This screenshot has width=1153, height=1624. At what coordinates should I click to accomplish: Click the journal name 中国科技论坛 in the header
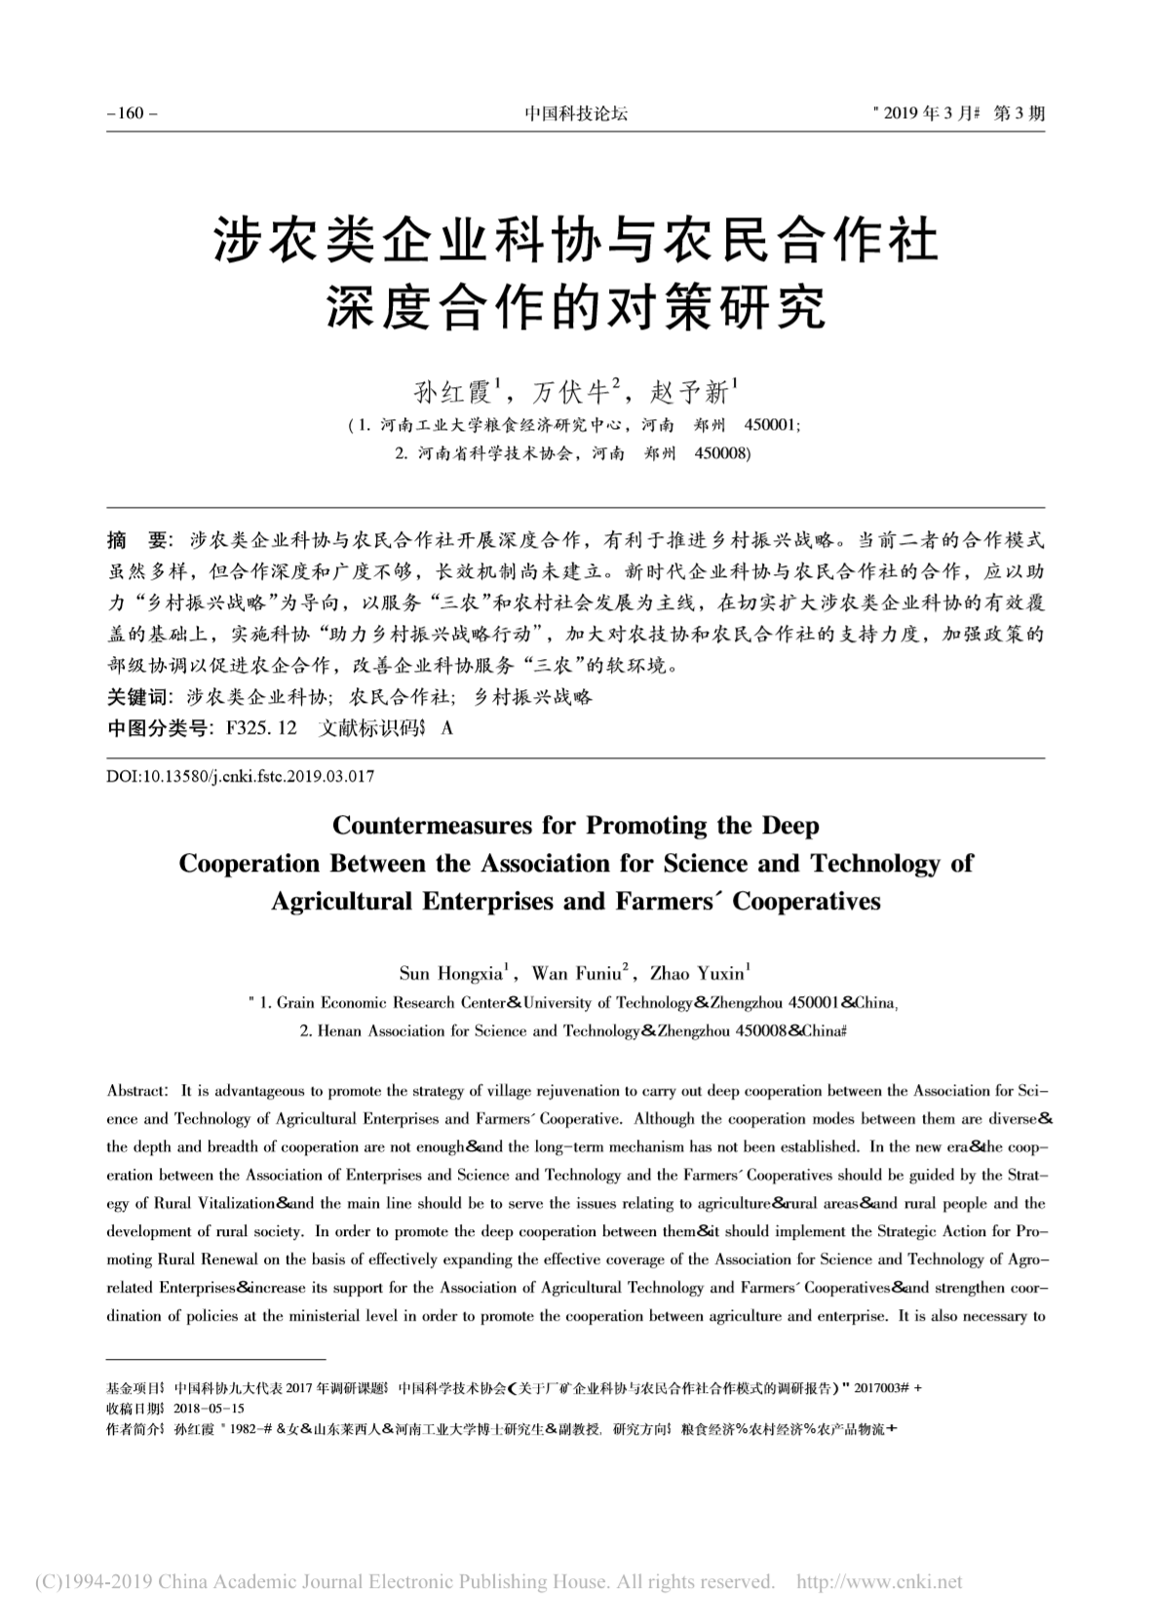point(576,113)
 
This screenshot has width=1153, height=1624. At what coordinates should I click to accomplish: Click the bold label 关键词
point(137,697)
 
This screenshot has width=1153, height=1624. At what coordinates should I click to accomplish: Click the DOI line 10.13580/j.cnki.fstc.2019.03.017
point(239,777)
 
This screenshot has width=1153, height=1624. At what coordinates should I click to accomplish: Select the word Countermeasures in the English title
point(454,826)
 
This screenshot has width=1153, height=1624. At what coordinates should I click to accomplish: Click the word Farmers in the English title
point(661,901)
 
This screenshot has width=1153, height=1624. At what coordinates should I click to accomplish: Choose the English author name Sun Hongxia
point(453,973)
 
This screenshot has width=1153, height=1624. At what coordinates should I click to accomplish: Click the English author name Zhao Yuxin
point(698,973)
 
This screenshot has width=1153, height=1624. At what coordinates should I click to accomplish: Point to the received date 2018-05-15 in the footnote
point(209,1409)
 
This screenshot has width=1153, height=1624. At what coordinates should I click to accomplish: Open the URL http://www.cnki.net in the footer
point(879,1581)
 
